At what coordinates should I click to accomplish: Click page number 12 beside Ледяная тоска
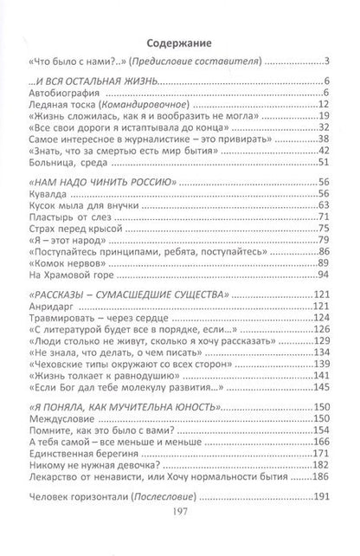tap(326, 103)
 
